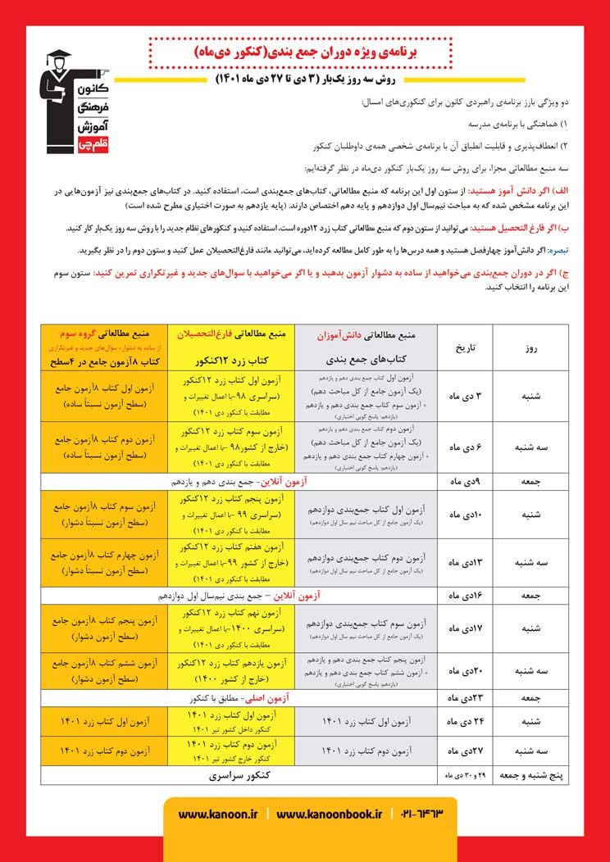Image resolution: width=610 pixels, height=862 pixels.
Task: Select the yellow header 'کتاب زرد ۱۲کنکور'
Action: coord(233,359)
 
